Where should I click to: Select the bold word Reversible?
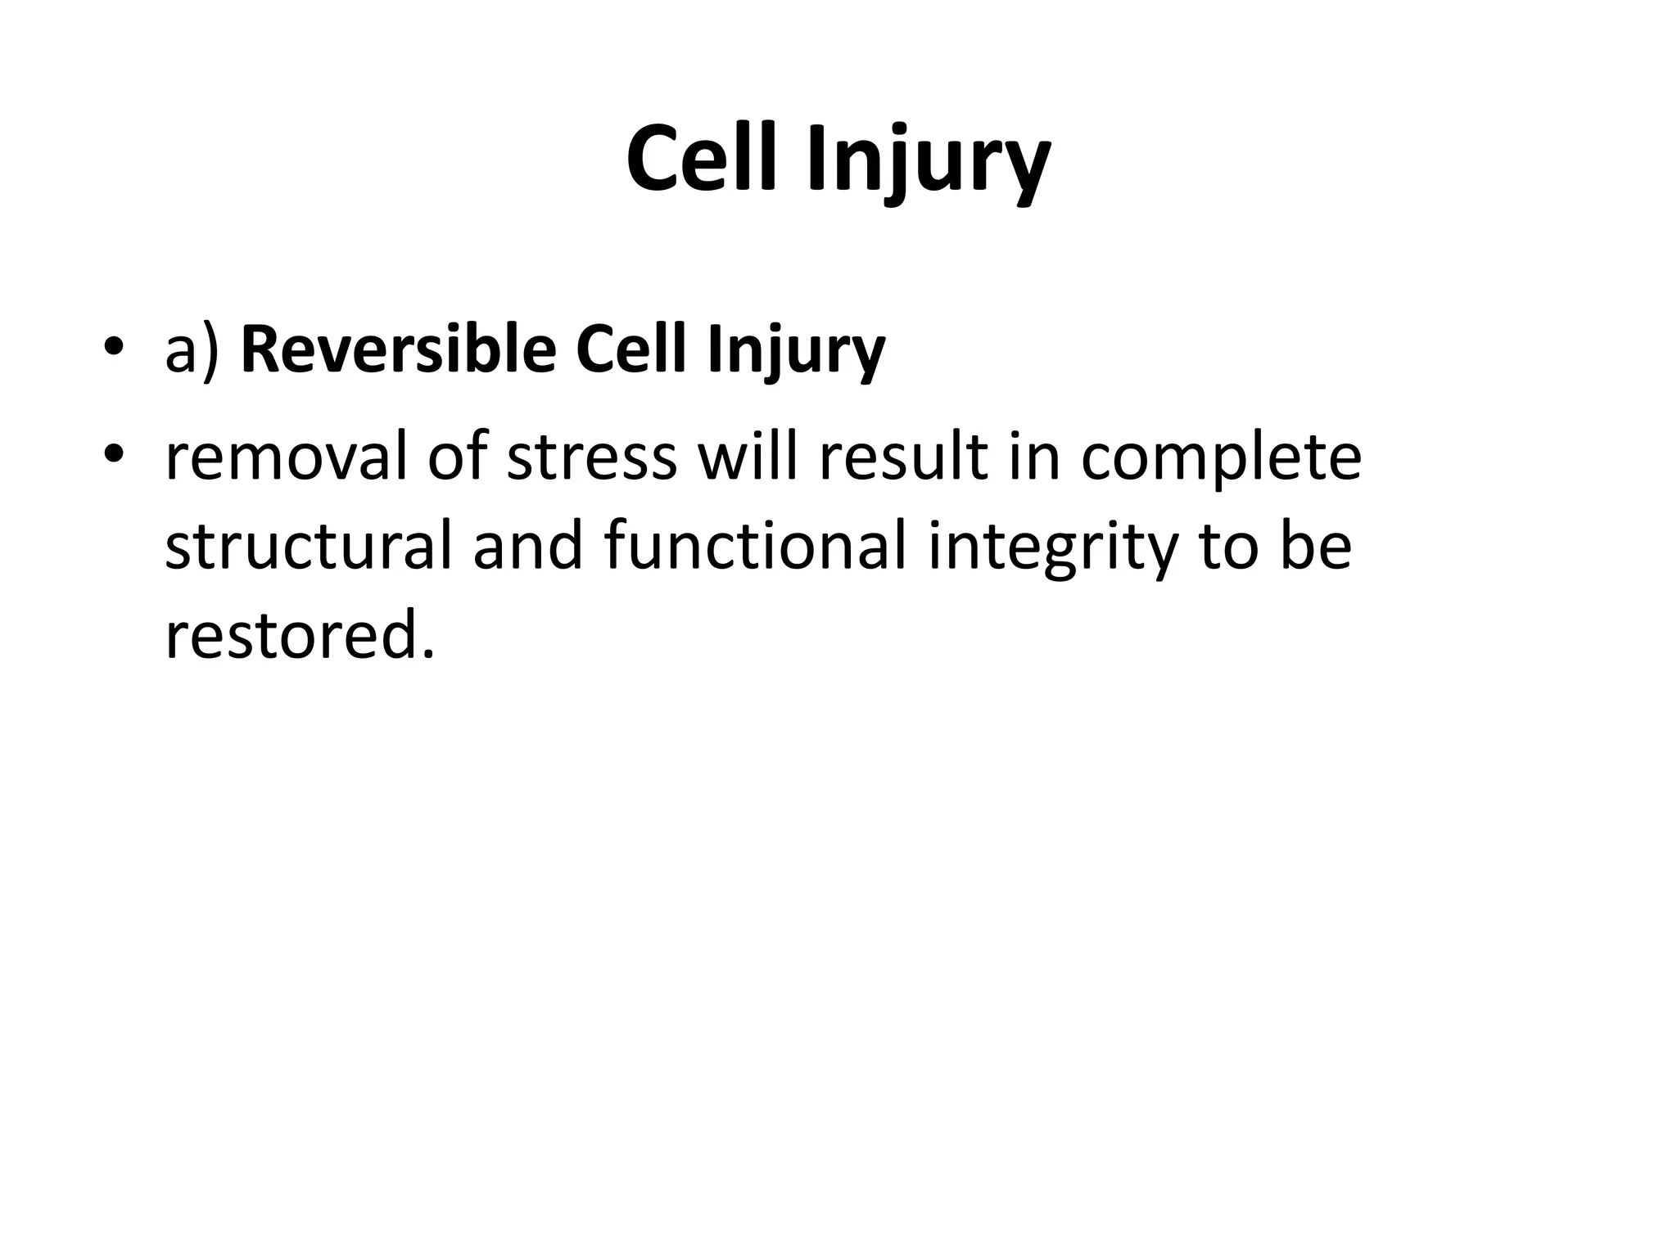click(x=399, y=350)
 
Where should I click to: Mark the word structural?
click(x=309, y=546)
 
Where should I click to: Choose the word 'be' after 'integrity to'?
click(x=1316, y=546)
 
